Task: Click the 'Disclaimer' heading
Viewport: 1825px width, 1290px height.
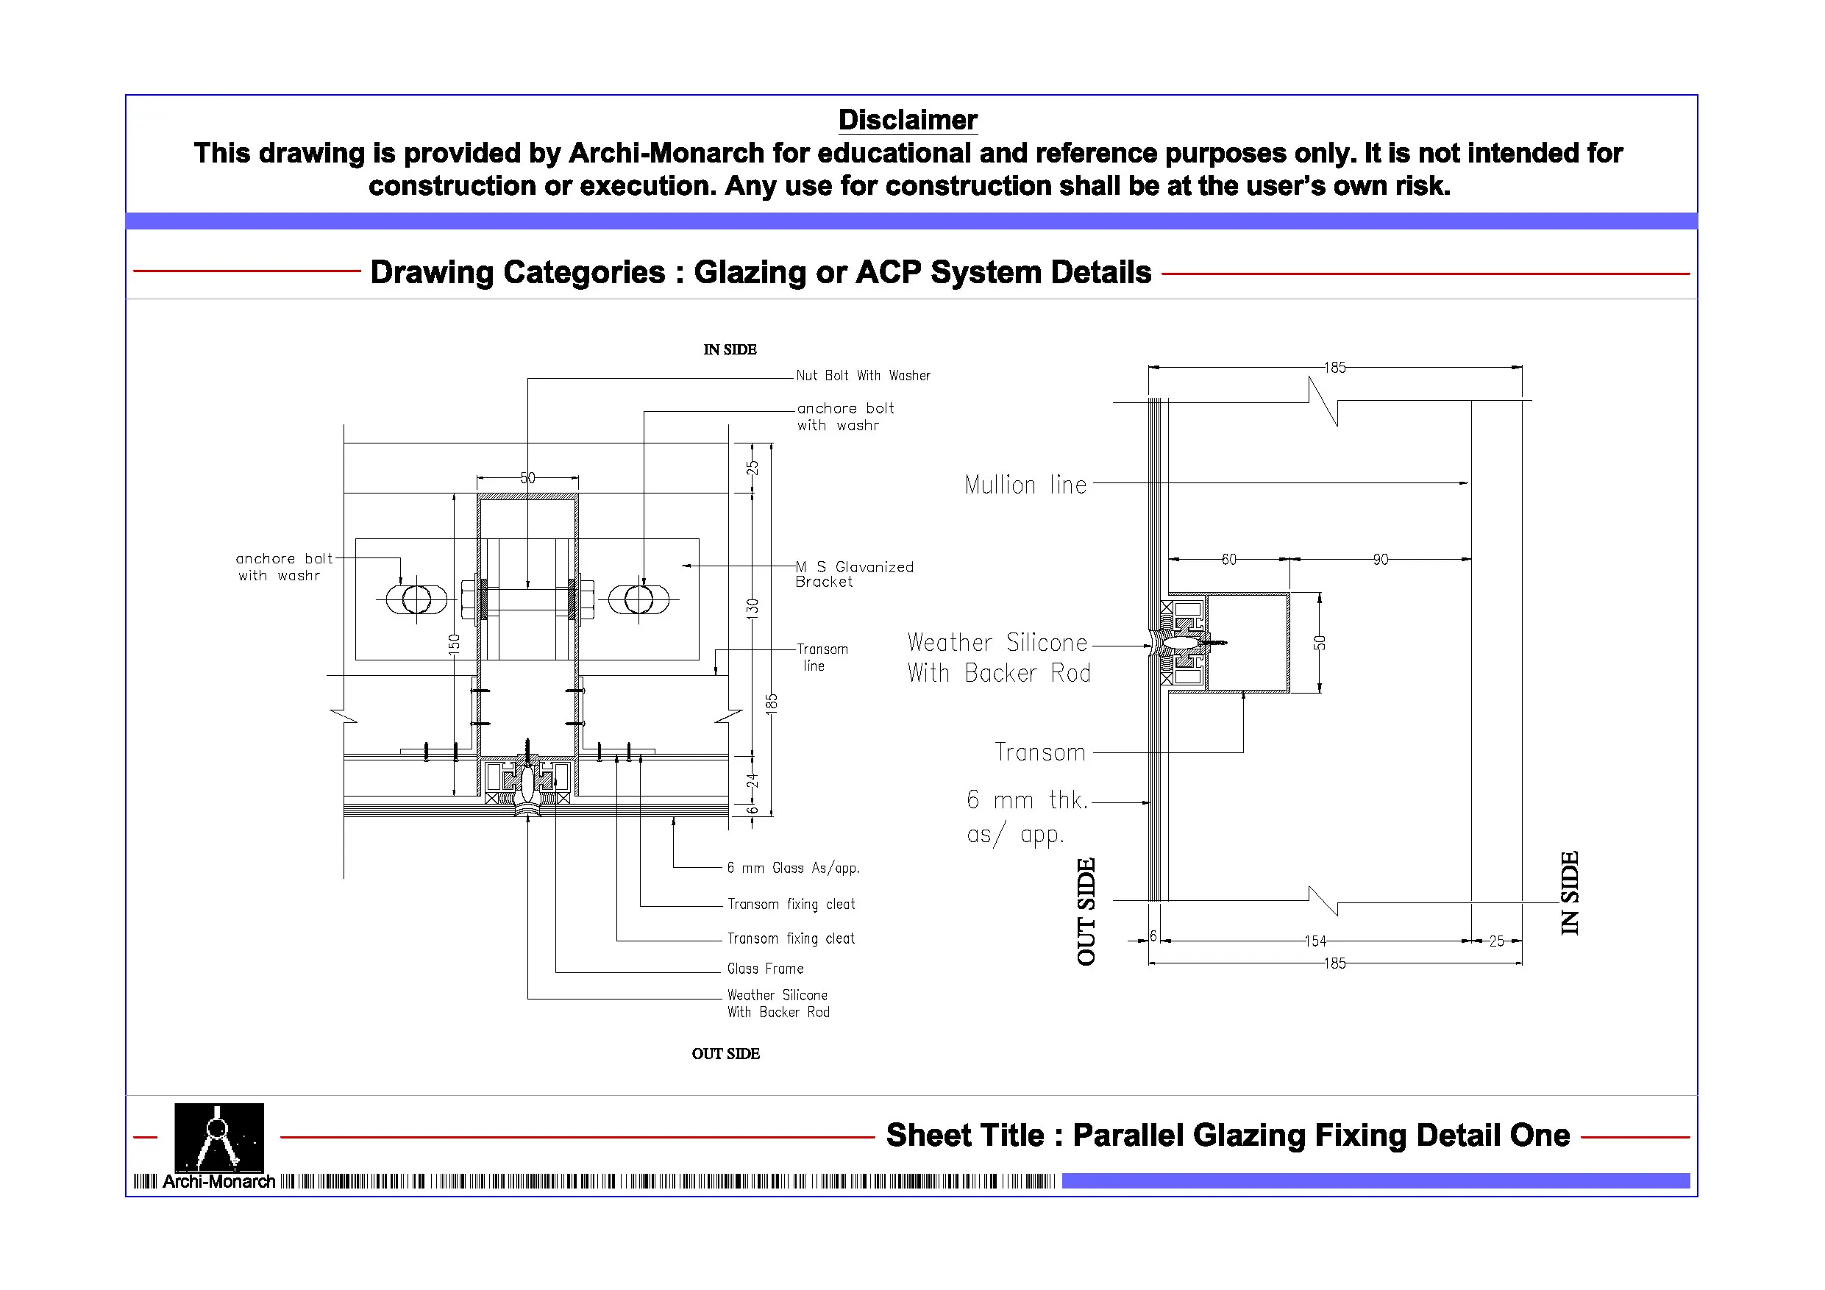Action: [x=907, y=120]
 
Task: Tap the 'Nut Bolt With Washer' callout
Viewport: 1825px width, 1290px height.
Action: [x=862, y=375]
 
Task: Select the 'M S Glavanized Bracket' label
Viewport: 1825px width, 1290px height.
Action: [x=854, y=574]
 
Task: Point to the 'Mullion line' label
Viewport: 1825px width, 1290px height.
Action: [x=1025, y=484]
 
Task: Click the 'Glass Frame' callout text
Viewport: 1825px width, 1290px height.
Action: [x=765, y=968]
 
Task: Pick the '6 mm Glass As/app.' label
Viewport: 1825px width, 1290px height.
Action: [x=792, y=868]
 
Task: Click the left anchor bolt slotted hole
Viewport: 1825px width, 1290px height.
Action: [x=416, y=599]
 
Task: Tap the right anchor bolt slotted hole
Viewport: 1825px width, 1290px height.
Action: [x=638, y=599]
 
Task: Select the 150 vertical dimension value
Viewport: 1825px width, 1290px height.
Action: [x=454, y=643]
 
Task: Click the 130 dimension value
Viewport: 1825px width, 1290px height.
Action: [x=752, y=609]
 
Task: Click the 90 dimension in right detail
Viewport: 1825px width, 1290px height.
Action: [x=1380, y=560]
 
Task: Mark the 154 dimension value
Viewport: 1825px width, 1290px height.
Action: [x=1315, y=941]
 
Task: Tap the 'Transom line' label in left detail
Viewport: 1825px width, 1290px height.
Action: [x=822, y=658]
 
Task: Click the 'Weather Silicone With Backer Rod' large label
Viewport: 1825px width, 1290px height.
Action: [x=998, y=658]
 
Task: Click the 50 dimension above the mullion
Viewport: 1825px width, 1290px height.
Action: [x=528, y=478]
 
